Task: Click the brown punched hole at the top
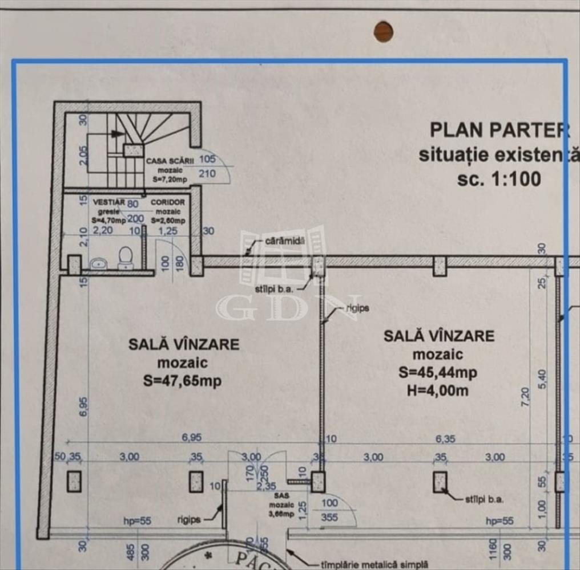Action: point(384,31)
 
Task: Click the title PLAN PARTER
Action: point(500,130)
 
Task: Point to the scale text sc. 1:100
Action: point(498,179)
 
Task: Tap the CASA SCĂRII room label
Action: point(170,161)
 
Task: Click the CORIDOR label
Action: point(168,202)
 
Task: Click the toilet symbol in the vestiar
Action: point(125,258)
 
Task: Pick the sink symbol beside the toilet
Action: point(98,263)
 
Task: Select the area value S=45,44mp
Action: point(438,373)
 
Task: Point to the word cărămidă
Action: point(285,242)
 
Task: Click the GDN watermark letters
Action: point(288,308)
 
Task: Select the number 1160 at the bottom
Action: point(492,551)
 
